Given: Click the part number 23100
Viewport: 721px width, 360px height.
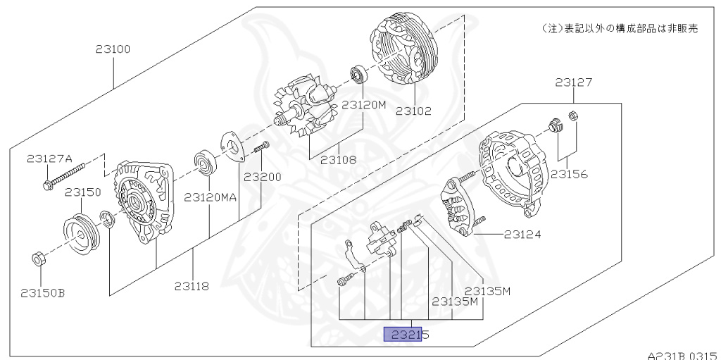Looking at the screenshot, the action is (113, 49).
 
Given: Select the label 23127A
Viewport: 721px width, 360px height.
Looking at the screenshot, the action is (49, 159).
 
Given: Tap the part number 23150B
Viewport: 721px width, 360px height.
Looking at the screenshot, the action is (43, 293).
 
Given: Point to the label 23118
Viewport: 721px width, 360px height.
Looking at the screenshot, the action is (192, 286).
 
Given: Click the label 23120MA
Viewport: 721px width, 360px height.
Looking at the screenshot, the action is (210, 197).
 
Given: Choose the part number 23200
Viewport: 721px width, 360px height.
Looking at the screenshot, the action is (262, 177).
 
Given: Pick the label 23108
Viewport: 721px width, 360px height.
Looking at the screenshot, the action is (339, 160).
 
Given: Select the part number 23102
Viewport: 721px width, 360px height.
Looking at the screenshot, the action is (414, 111).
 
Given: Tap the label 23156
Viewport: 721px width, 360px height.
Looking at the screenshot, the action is (569, 174).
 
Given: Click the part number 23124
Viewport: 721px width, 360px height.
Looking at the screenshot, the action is (522, 235).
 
